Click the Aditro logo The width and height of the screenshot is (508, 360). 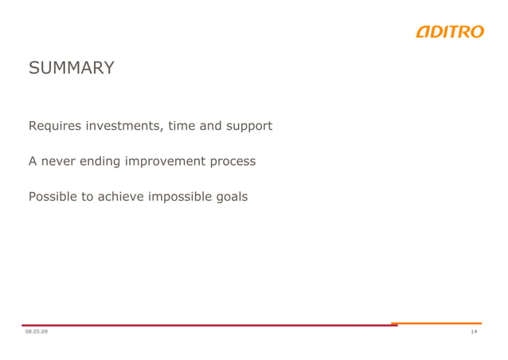[449, 32]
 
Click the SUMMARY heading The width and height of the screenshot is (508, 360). [72, 68]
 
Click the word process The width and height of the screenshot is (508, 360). [233, 162]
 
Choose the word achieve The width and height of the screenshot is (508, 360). [121, 196]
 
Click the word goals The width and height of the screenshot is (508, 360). [231, 197]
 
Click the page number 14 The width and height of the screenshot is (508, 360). [474, 331]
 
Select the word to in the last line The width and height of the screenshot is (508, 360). [88, 196]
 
